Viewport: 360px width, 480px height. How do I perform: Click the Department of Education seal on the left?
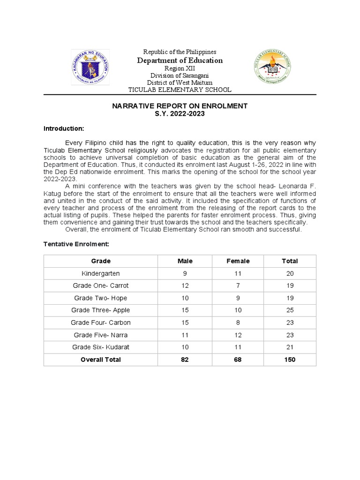[90, 67]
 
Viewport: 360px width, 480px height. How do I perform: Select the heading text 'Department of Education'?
[180, 60]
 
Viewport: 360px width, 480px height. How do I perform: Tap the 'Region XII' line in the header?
[180, 68]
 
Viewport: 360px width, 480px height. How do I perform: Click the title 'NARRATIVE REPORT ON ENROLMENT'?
[180, 106]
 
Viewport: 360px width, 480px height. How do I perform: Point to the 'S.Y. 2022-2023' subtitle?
[180, 114]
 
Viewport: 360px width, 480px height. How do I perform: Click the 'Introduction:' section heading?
[64, 128]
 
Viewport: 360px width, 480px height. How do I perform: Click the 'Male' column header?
[185, 261]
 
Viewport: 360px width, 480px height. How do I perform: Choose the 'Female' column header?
[238, 261]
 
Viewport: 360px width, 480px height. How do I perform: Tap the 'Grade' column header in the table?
[101, 261]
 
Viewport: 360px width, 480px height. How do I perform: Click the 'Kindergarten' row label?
[101, 273]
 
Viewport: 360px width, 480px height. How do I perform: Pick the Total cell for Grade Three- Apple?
[290, 310]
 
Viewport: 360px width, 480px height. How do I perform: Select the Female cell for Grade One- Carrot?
[238, 285]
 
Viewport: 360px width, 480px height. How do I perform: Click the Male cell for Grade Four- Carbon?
[185, 322]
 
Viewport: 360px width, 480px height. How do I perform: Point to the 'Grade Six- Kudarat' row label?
[101, 347]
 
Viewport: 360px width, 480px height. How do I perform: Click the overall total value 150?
[290, 360]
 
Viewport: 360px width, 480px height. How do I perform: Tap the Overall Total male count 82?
[185, 360]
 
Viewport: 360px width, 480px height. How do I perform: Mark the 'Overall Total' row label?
[101, 360]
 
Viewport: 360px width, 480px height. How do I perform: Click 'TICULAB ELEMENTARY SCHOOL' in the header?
[180, 90]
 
